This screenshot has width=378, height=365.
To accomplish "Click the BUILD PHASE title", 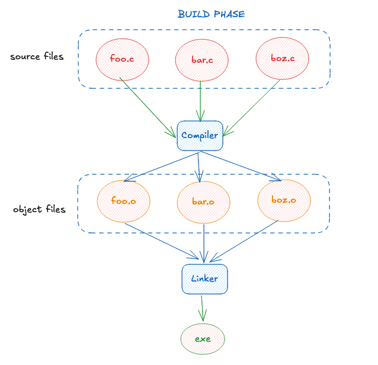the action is (211, 14).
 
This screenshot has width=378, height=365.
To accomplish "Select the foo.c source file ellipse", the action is (123, 59).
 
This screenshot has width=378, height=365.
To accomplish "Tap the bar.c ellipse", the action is (202, 60).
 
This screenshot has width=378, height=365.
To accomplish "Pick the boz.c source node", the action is (282, 58).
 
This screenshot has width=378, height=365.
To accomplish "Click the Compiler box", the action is (200, 136).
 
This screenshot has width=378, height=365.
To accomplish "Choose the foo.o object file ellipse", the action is (124, 201).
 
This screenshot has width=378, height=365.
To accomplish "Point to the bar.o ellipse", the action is (203, 202).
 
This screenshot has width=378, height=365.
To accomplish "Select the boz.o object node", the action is (284, 201).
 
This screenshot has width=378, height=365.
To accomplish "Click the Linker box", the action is (204, 279).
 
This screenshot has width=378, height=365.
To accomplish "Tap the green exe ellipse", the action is (203, 339).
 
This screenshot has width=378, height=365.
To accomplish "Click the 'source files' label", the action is (37, 56).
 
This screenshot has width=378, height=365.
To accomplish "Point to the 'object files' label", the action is (39, 209).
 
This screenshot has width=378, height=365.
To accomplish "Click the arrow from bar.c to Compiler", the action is (200, 101).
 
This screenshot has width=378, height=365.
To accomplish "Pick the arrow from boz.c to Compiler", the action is (251, 108).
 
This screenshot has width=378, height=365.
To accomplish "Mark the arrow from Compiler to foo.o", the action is (161, 167).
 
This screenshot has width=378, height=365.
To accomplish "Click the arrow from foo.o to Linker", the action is (162, 241).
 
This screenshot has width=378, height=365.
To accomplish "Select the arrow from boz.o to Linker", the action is (244, 241).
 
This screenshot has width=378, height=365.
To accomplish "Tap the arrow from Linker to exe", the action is (202, 308).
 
